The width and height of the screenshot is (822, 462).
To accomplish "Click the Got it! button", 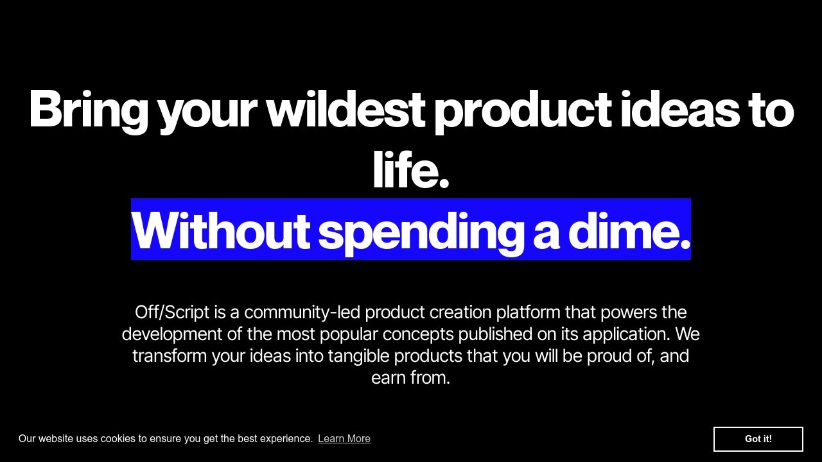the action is [758, 439].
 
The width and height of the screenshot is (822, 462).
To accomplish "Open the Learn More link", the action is [344, 438].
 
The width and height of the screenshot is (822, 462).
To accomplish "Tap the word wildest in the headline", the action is [345, 108].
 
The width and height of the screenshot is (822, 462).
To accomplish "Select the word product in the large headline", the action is [523, 112].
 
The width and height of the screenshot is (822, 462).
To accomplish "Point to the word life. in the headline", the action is [411, 169].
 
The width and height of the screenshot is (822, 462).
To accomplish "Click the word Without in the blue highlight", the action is [221, 231].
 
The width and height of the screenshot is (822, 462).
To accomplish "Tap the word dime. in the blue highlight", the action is [629, 231].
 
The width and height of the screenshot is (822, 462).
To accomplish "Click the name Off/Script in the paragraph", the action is [172, 312].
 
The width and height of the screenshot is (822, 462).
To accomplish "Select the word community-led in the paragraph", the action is [302, 312].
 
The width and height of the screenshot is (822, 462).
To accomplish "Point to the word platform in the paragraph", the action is [529, 312].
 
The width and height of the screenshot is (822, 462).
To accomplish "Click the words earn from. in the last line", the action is [410, 378].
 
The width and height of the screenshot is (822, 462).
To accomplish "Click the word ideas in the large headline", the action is [680, 108].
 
